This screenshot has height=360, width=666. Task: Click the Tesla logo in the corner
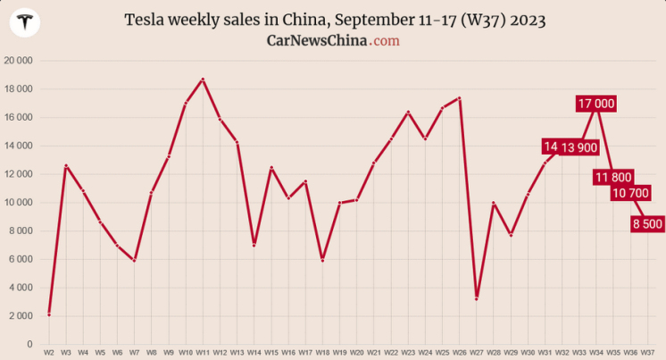pyautogui.click(x=24, y=24)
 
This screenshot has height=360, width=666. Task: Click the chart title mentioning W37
pyautogui.click(x=334, y=20)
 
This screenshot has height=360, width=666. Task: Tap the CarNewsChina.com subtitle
pyautogui.click(x=333, y=41)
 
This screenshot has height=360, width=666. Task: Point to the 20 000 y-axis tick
pyautogui.click(x=18, y=61)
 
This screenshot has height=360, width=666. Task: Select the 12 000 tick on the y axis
pyautogui.click(x=18, y=174)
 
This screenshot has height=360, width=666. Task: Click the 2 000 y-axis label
pyautogui.click(x=21, y=315)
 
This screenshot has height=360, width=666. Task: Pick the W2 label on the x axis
pyautogui.click(x=48, y=352)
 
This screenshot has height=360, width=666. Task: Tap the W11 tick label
pyautogui.click(x=203, y=352)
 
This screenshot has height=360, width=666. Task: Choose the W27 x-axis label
pyautogui.click(x=477, y=352)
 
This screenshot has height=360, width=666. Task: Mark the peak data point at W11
pyautogui.click(x=203, y=80)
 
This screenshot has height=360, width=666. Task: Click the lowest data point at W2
pyautogui.click(x=48, y=314)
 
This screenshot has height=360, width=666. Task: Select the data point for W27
pyautogui.click(x=477, y=298)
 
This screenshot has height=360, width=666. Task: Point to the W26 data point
pyautogui.click(x=459, y=98)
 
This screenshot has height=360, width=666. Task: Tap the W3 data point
pyautogui.click(x=65, y=165)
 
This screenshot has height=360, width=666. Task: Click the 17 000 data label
pyautogui.click(x=596, y=104)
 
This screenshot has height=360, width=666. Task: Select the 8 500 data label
pyautogui.click(x=647, y=223)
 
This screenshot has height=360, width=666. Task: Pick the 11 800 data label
pyautogui.click(x=613, y=177)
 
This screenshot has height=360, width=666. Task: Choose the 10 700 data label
pyautogui.click(x=630, y=193)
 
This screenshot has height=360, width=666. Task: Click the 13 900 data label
pyautogui.click(x=579, y=147)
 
